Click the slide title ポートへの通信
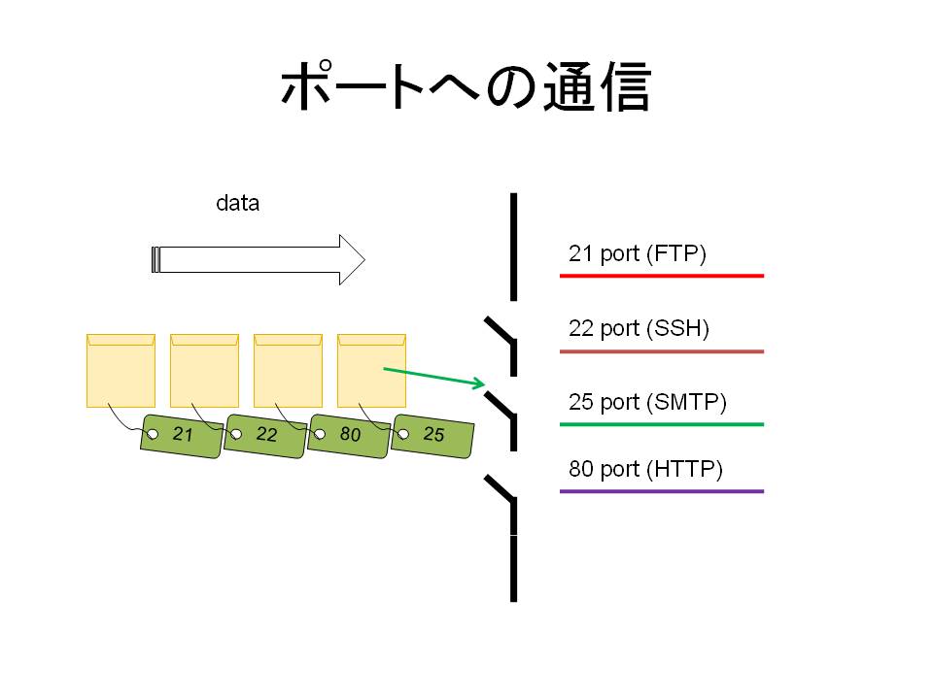[x=466, y=86]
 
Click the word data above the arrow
[x=237, y=203]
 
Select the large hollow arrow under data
[x=259, y=260]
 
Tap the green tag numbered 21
[x=182, y=436]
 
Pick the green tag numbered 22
[x=265, y=436]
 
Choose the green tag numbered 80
[x=349, y=436]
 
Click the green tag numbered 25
[x=432, y=436]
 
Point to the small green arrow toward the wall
[x=434, y=377]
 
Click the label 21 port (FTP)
[x=638, y=253]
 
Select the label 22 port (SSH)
[x=639, y=328]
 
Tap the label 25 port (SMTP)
[x=647, y=402]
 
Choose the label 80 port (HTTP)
[x=645, y=469]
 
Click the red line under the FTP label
[x=662, y=276]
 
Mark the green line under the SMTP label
[x=662, y=424]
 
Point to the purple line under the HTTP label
[x=662, y=491]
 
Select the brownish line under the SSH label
[x=662, y=351]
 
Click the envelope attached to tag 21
[x=121, y=371]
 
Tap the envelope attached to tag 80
[x=288, y=371]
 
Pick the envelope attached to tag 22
[x=205, y=371]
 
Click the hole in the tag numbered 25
[x=403, y=434]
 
